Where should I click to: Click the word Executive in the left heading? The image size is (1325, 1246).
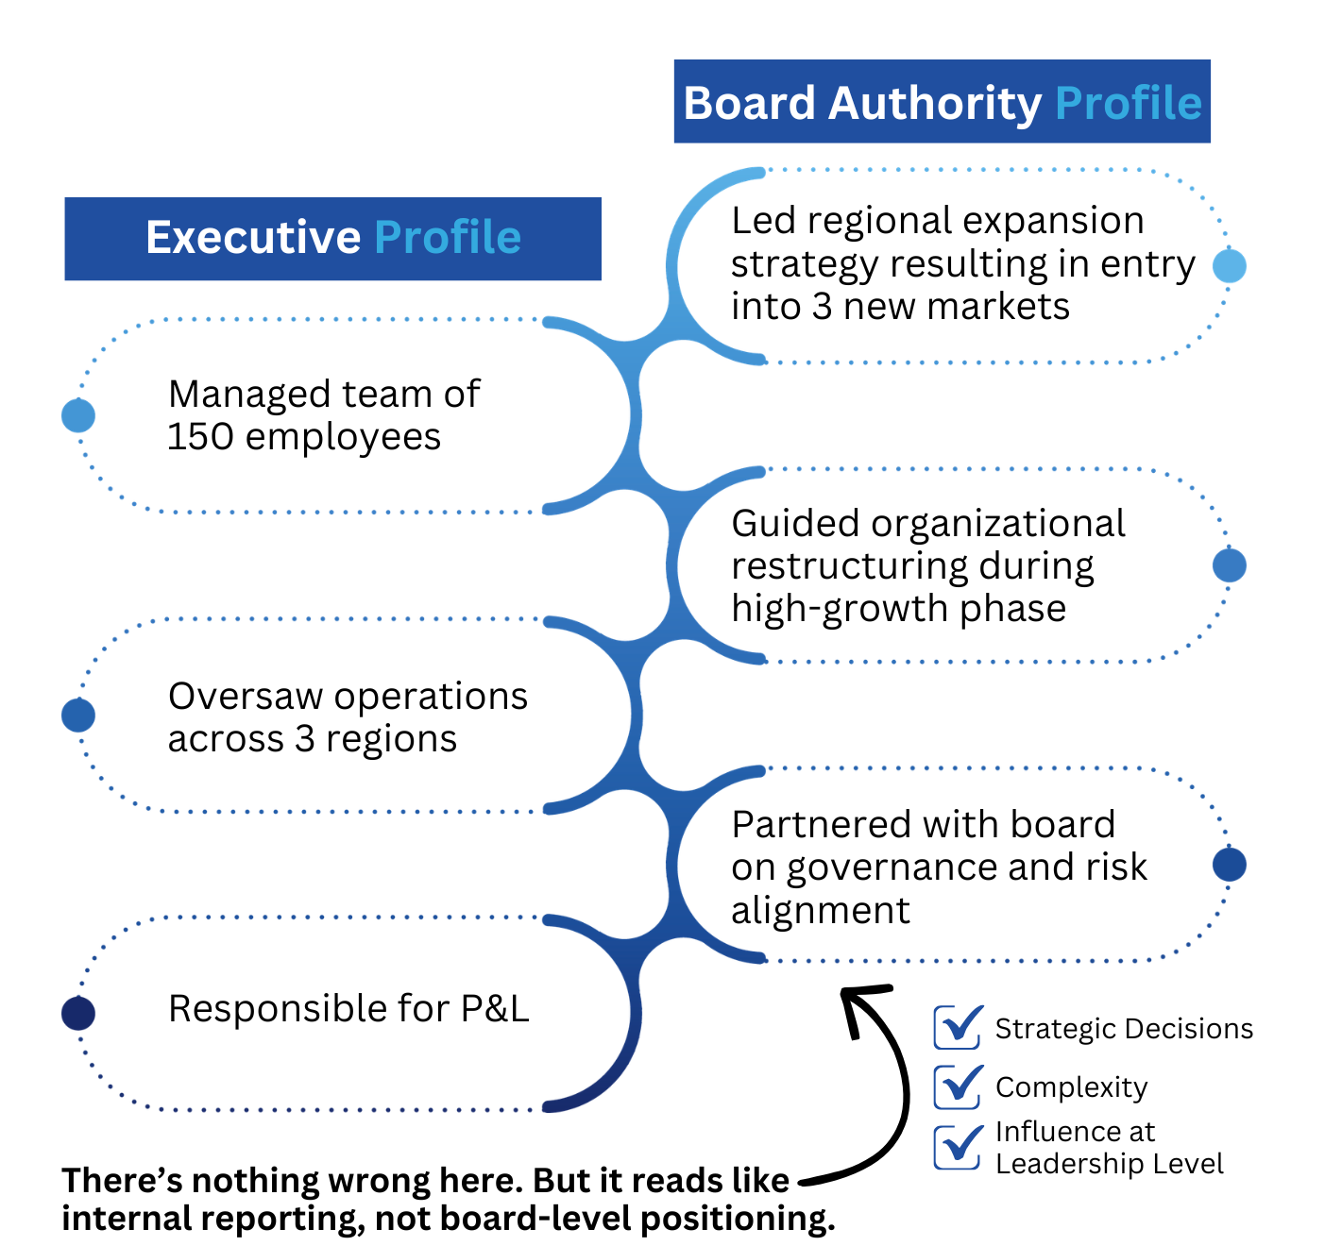point(253,238)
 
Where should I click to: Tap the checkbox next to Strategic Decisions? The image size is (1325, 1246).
point(958,1027)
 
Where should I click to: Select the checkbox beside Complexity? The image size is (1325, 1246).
point(958,1086)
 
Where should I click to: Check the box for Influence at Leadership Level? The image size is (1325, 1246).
point(958,1147)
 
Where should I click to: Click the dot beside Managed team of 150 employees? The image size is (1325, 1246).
point(78,415)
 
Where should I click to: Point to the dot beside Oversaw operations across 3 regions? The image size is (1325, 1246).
point(78,716)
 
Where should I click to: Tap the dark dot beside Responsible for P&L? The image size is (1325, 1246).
point(78,1014)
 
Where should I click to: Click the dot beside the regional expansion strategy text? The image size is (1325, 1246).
point(1229,266)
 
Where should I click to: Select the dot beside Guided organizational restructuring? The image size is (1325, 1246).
point(1229,565)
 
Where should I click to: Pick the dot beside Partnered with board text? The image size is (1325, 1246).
point(1229,865)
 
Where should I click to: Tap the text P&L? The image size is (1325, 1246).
point(494,1009)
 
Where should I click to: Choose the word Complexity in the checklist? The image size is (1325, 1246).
point(1071,1087)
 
